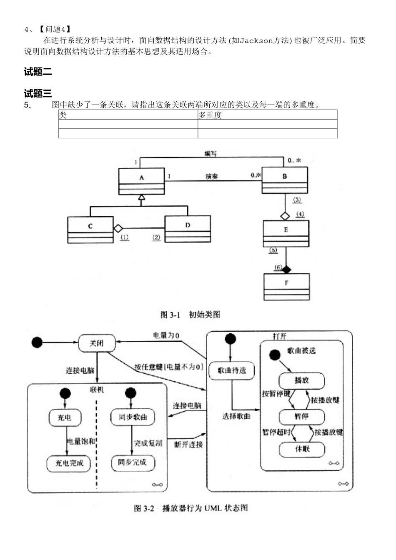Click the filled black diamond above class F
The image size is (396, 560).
click(x=286, y=270)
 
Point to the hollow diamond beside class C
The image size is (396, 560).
click(x=118, y=228)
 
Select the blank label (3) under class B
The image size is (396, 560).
click(x=297, y=200)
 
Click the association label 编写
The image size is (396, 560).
click(x=211, y=154)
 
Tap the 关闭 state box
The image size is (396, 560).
click(x=97, y=343)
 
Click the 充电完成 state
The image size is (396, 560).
click(x=69, y=463)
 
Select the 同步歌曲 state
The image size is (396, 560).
click(x=133, y=417)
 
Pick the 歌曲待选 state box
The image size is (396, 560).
click(x=232, y=370)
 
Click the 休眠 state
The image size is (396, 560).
click(x=302, y=449)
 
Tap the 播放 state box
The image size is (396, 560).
click(x=301, y=380)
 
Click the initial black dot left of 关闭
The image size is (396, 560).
click(x=37, y=342)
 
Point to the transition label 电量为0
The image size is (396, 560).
click(x=166, y=335)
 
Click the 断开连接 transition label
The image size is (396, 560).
click(x=188, y=445)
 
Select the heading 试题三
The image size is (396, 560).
click(x=38, y=93)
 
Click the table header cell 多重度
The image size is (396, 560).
click(x=210, y=115)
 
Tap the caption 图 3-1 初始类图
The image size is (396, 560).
click(x=190, y=315)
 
